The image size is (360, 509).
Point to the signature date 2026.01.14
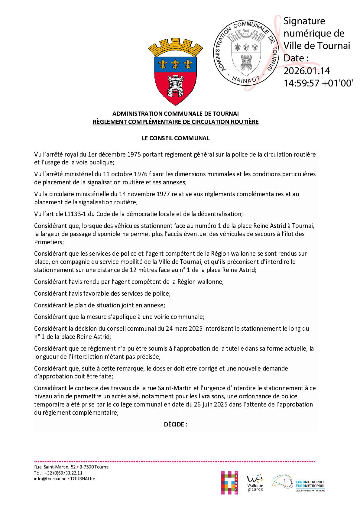306,71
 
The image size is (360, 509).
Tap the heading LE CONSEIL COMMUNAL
176,138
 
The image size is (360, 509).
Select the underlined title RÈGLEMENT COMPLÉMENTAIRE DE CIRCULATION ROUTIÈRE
176,122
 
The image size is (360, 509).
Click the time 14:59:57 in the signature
301,83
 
